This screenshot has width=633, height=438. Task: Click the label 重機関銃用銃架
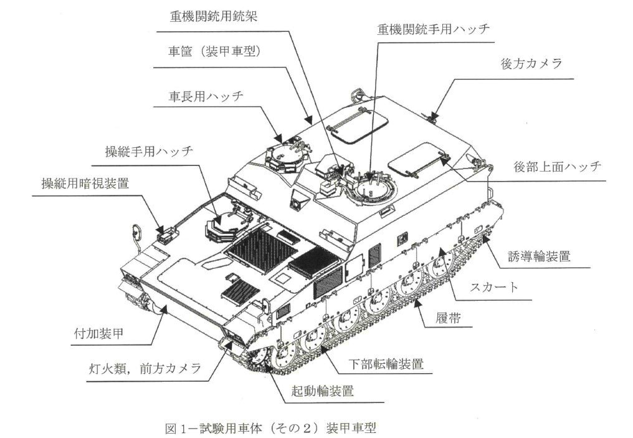213,17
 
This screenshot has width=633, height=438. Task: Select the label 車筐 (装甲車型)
214,51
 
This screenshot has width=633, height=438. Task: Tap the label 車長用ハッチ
206,97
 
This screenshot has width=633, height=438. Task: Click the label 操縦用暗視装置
85,183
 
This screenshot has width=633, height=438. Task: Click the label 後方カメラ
531,64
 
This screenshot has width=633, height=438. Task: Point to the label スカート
493,287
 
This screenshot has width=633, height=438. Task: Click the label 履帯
448,318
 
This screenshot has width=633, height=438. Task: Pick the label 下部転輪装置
386,364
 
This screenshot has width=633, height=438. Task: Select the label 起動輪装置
323,392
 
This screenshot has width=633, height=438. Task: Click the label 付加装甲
98,333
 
